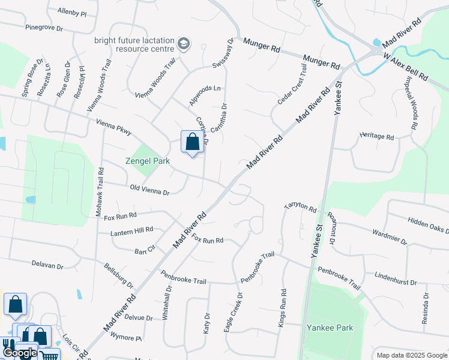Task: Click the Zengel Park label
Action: coord(147,161)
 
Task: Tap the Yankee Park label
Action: coord(330,328)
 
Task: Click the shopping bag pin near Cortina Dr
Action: coord(192,143)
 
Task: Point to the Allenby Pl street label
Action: coord(72,11)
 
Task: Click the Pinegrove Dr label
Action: coord(44,27)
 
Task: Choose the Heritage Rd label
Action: coord(376,136)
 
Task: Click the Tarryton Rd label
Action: coord(300,206)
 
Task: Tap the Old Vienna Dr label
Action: coord(149,189)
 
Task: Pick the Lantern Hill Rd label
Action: coord(132,229)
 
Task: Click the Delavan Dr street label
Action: coord(47,265)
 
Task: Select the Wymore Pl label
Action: coord(125,337)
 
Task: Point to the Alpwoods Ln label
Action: coord(205,95)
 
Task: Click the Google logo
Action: coord(19,353)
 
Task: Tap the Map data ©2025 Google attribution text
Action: coord(411,355)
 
